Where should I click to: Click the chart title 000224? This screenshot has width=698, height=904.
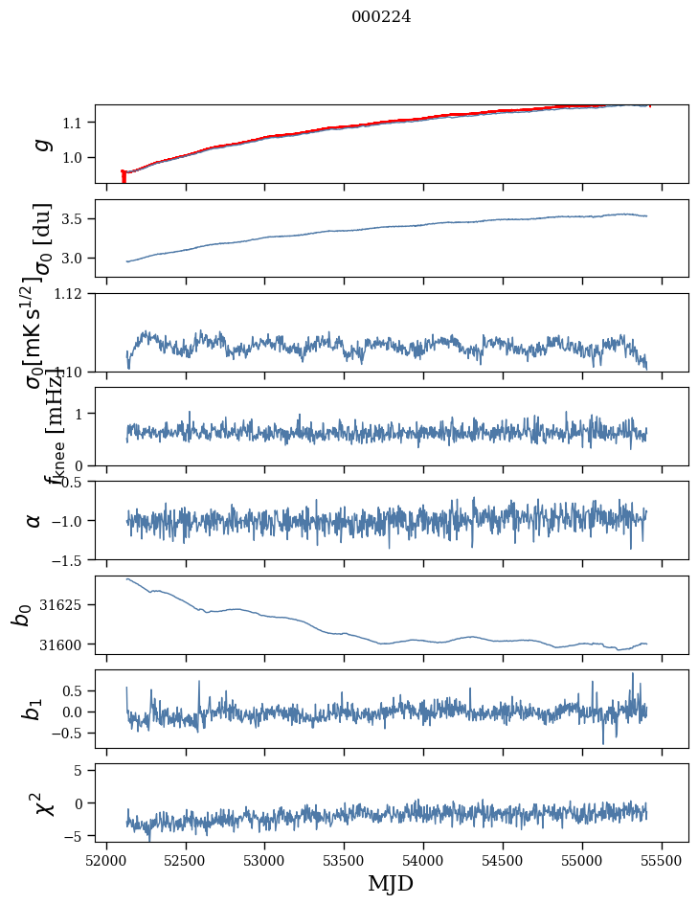pos(381,16)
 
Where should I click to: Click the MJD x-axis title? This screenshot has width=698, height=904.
pos(391,883)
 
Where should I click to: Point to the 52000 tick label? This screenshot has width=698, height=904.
pos(106,858)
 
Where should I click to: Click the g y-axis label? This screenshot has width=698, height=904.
pos(40,144)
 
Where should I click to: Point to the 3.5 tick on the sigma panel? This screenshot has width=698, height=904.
pos(76,219)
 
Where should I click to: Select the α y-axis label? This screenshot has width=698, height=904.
pos(34,520)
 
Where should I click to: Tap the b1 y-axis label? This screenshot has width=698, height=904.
pos(33,709)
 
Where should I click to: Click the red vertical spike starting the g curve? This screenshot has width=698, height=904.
pos(124,177)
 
